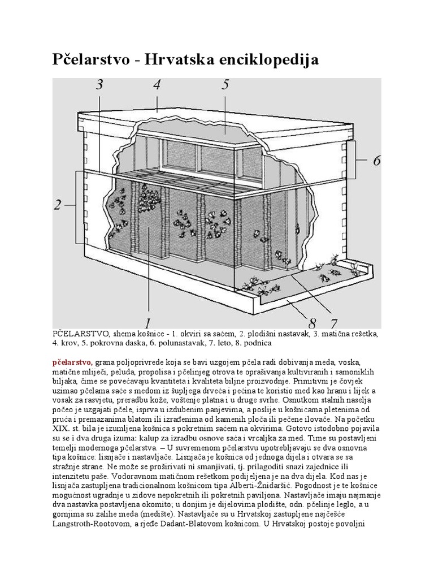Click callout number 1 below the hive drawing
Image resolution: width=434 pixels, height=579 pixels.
[x=148, y=323]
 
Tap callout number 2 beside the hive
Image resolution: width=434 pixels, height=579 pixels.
[x=57, y=205]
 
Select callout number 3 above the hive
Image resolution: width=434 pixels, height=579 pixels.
[x=99, y=85]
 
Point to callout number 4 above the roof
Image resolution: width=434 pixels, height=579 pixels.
[x=157, y=85]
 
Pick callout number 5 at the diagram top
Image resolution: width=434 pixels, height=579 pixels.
[x=225, y=85]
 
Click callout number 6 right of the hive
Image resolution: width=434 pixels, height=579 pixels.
[x=376, y=161]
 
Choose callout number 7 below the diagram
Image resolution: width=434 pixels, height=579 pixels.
[x=333, y=323]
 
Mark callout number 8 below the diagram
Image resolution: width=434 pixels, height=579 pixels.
[x=311, y=323]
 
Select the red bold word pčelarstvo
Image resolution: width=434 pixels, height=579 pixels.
[x=73, y=361]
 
